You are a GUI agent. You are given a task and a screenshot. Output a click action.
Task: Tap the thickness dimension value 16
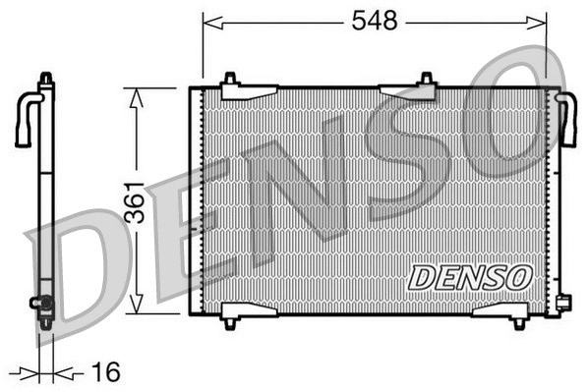[105, 372]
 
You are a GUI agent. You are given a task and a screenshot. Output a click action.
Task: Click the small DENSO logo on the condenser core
[469, 277]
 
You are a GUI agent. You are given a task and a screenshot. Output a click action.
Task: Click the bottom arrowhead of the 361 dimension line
[137, 308]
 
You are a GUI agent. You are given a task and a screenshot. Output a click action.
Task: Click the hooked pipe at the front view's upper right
[567, 118]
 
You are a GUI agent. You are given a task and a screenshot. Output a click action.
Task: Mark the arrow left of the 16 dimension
[29, 372]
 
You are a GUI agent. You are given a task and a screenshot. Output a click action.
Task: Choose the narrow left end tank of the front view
[194, 200]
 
